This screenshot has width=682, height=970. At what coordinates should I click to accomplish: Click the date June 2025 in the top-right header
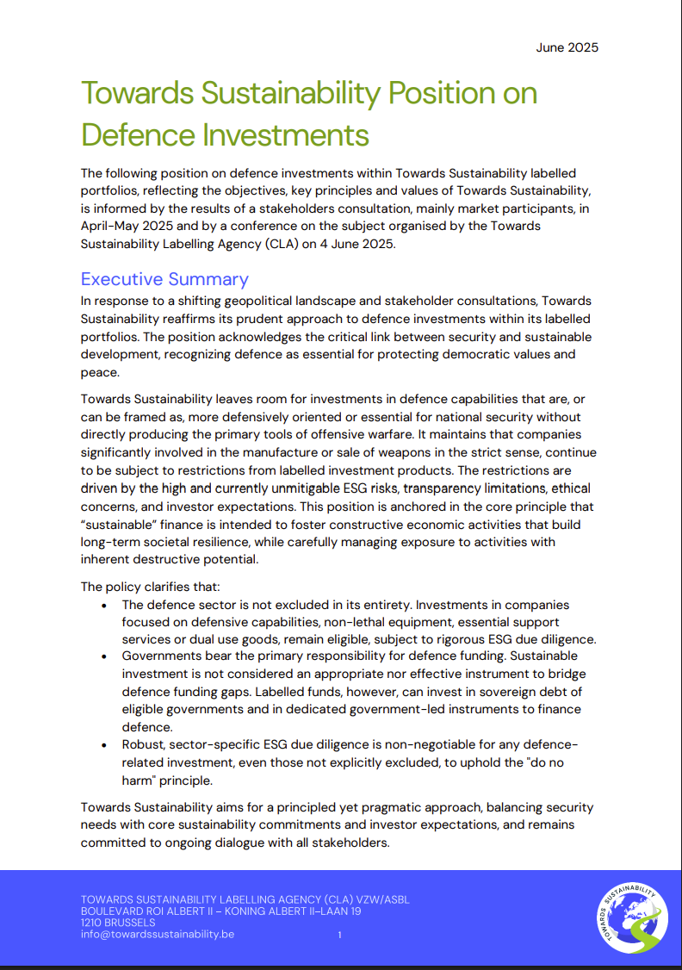(x=567, y=47)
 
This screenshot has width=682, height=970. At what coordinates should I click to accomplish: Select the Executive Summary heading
(x=164, y=279)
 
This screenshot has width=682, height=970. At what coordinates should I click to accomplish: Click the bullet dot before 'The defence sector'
(x=104, y=606)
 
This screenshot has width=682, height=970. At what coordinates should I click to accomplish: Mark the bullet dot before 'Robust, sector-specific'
(x=104, y=745)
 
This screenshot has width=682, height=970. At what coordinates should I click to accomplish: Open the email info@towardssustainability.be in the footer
(x=157, y=934)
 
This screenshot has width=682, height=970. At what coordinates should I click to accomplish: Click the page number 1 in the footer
(x=339, y=935)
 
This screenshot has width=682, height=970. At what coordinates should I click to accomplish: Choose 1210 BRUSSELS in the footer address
(x=118, y=923)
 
